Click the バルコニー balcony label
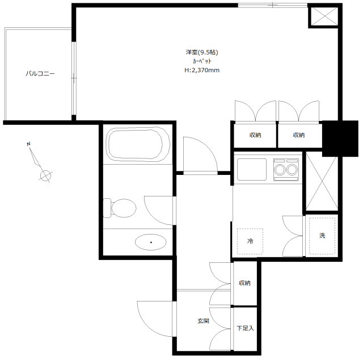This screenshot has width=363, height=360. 40,74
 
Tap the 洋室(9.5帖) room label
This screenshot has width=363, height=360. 202,52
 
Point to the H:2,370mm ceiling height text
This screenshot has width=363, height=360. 202,70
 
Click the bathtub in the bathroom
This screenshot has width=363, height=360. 138,144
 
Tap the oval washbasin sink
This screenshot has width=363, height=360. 150,242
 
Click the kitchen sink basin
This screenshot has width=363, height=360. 252,169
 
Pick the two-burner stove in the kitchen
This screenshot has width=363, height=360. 286,169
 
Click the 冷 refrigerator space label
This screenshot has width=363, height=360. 250,241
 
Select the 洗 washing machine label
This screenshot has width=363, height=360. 322,236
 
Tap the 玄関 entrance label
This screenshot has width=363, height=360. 203,321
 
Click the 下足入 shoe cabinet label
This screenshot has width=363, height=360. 245,328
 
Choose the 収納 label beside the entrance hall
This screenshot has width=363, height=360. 244,283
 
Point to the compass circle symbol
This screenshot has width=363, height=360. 45,175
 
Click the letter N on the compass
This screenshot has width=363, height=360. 28,144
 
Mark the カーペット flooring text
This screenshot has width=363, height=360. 202,61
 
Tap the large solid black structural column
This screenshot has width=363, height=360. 340,139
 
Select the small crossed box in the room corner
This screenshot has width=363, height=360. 324,16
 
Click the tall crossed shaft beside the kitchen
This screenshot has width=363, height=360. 322,181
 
